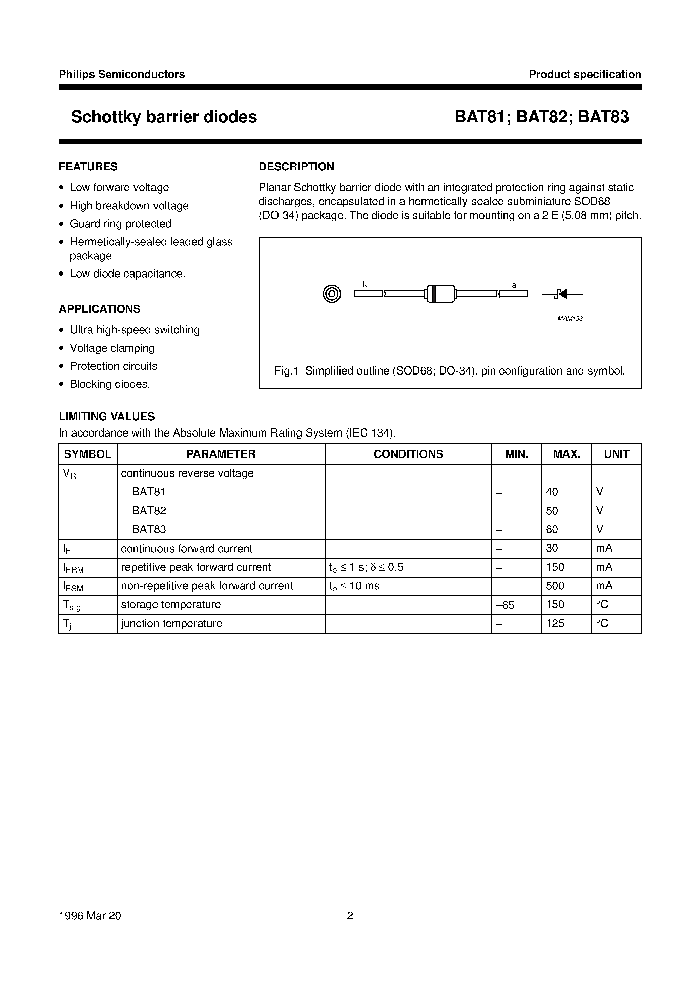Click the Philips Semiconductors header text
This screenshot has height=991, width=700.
(x=122, y=74)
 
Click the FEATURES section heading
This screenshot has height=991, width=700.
(x=88, y=167)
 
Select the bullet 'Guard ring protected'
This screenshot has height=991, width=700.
(x=120, y=224)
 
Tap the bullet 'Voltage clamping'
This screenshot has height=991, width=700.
(x=112, y=348)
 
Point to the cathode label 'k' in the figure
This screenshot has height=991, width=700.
(x=365, y=285)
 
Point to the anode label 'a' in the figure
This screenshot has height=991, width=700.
(x=514, y=285)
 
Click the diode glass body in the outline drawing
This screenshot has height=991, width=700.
(x=440, y=294)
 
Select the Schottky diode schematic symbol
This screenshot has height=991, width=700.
(x=562, y=294)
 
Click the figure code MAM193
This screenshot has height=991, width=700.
(x=570, y=319)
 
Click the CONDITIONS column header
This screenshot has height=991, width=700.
(x=408, y=454)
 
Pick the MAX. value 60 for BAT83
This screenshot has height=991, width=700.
(x=552, y=529)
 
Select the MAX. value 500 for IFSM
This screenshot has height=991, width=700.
(x=555, y=586)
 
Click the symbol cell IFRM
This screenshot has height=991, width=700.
(x=74, y=568)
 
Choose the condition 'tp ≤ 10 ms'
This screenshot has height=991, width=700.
(x=354, y=586)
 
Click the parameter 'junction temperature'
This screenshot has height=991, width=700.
(x=171, y=623)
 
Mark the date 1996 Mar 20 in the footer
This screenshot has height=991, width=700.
(x=90, y=916)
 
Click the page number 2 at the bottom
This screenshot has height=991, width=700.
(x=350, y=916)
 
